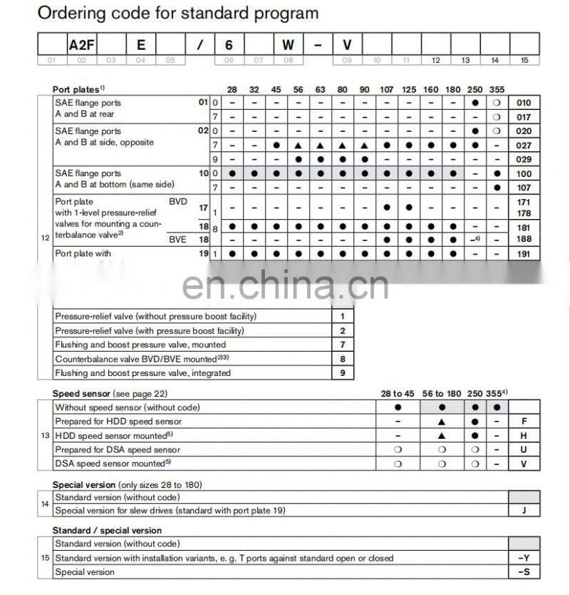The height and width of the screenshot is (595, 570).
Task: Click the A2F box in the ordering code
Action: click(81, 44)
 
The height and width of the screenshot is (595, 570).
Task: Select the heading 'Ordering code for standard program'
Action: click(178, 13)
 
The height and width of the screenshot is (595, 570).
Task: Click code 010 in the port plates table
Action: click(524, 103)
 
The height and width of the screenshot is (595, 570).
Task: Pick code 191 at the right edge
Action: click(524, 253)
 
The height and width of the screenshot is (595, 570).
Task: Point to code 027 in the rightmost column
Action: click(524, 146)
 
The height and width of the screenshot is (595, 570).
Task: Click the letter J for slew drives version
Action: click(524, 511)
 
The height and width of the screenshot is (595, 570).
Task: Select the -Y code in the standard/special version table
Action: click(524, 558)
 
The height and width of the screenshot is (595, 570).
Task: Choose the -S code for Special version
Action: click(524, 572)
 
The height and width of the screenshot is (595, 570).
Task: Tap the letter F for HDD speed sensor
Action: click(524, 422)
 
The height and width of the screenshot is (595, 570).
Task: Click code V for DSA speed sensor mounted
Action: click(524, 464)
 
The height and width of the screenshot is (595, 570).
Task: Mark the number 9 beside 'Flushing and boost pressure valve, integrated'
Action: click(343, 373)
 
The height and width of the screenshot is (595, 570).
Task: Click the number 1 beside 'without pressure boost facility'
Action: click(343, 316)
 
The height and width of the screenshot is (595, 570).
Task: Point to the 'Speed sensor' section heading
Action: click(82, 394)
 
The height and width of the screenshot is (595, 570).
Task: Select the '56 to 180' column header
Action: click(442, 394)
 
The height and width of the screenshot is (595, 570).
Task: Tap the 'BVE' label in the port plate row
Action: click(177, 240)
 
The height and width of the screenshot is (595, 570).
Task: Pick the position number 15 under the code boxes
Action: click(524, 61)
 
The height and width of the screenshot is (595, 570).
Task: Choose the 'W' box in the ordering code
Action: click(288, 44)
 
